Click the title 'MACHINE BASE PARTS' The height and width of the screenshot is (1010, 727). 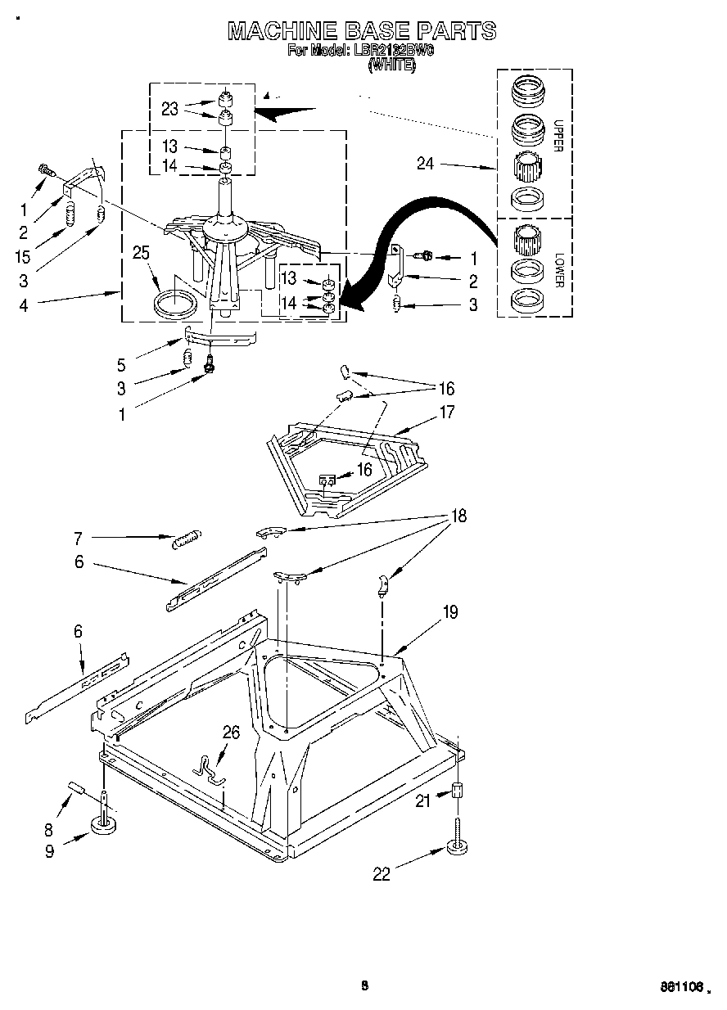click(x=361, y=30)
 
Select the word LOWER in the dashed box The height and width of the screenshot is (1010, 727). click(x=559, y=269)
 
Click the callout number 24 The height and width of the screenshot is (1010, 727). click(x=425, y=163)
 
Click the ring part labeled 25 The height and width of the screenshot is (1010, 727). click(x=177, y=303)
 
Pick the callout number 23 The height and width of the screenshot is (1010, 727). click(x=169, y=109)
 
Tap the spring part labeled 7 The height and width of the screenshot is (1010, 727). click(x=187, y=538)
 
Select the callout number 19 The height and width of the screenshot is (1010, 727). click(x=450, y=611)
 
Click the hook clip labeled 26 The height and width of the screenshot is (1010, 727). click(x=209, y=767)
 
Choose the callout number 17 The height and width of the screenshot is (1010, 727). click(x=447, y=413)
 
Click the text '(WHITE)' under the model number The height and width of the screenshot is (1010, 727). click(x=392, y=65)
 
